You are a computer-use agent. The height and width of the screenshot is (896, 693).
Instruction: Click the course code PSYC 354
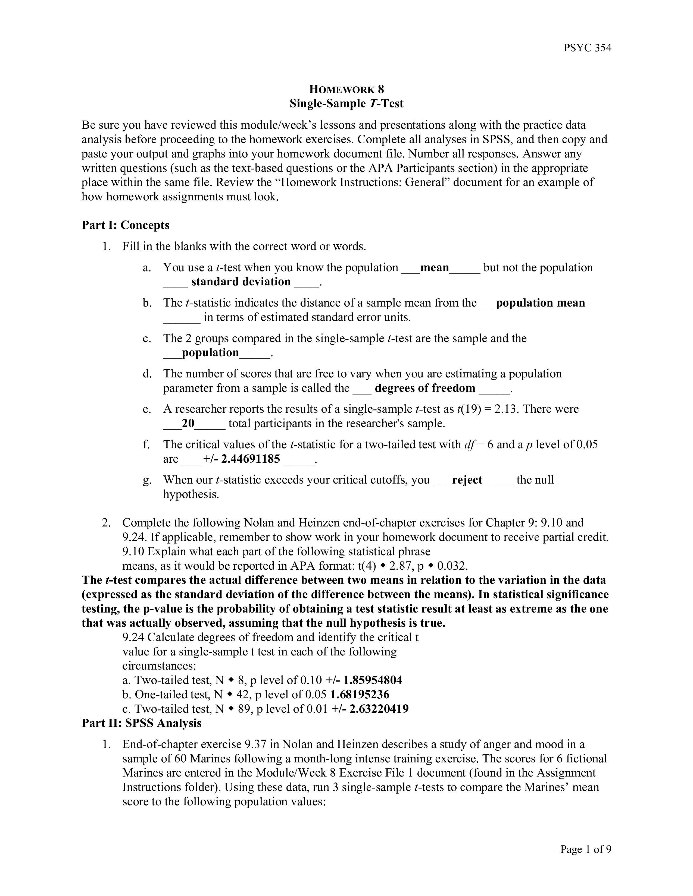pos(587,48)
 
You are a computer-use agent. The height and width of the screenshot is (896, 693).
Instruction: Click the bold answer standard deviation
pos(241,282)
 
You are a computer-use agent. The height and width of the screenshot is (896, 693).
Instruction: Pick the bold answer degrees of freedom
pos(425,388)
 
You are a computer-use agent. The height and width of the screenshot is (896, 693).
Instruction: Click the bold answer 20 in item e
pos(188,423)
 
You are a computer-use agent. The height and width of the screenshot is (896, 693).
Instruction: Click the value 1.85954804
pos(373,680)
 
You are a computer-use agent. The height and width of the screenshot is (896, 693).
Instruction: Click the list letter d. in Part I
pos(147,374)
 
